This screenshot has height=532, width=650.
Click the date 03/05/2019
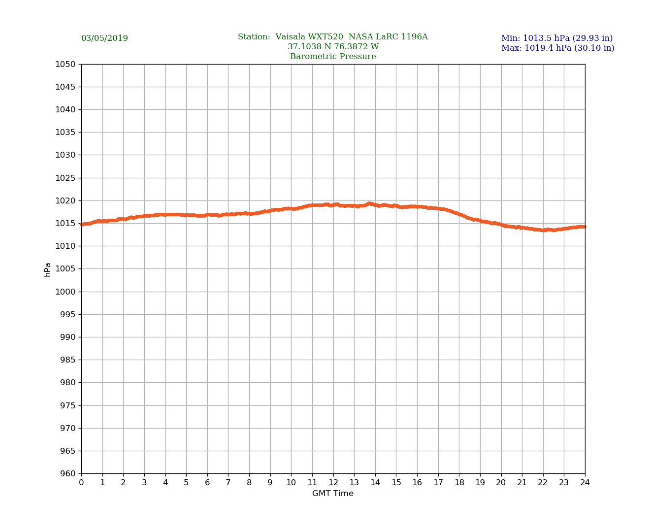[x=104, y=38]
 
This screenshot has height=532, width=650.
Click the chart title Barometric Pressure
[x=333, y=57]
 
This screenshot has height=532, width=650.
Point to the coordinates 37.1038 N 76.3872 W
[x=333, y=47]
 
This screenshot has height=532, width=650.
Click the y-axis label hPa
[x=48, y=269]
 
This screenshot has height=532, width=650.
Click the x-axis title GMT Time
[x=333, y=494]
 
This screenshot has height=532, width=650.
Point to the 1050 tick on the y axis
[x=65, y=64]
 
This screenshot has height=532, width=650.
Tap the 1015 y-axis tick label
[x=65, y=223]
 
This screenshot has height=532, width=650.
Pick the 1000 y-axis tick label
[x=65, y=292]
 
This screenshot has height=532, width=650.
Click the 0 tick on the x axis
[x=81, y=483]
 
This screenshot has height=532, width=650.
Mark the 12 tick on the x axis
[x=333, y=483]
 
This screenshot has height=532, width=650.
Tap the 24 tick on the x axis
[x=585, y=483]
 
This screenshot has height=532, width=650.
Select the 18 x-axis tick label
[x=459, y=483]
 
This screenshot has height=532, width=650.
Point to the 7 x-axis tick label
[x=228, y=483]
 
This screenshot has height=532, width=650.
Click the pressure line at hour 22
[x=543, y=230]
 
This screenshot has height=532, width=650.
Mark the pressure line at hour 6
[x=207, y=215]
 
